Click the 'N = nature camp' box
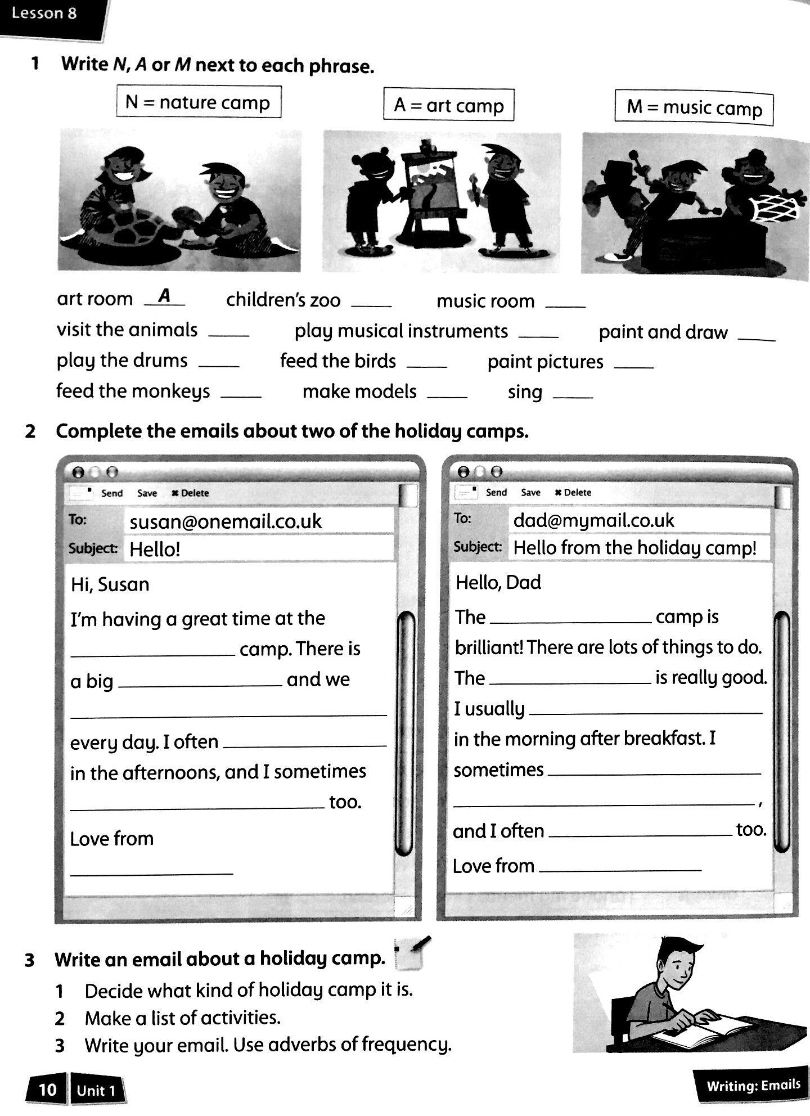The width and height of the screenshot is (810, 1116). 198,102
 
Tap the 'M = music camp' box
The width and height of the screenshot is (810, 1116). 694,107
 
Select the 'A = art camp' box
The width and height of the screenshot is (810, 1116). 448,105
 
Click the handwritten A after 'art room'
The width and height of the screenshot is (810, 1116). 164,295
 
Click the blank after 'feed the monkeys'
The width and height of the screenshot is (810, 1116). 241,395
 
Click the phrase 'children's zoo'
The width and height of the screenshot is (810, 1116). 283,300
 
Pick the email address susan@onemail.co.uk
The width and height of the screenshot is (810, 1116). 226,521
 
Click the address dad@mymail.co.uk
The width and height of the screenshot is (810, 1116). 593,520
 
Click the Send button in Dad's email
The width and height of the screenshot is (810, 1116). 496,492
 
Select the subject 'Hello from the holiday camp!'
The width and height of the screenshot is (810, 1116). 634,547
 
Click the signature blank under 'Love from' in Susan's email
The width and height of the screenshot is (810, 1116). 151,871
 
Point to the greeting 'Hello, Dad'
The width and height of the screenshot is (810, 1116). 498,582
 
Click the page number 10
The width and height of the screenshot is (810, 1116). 47,1090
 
